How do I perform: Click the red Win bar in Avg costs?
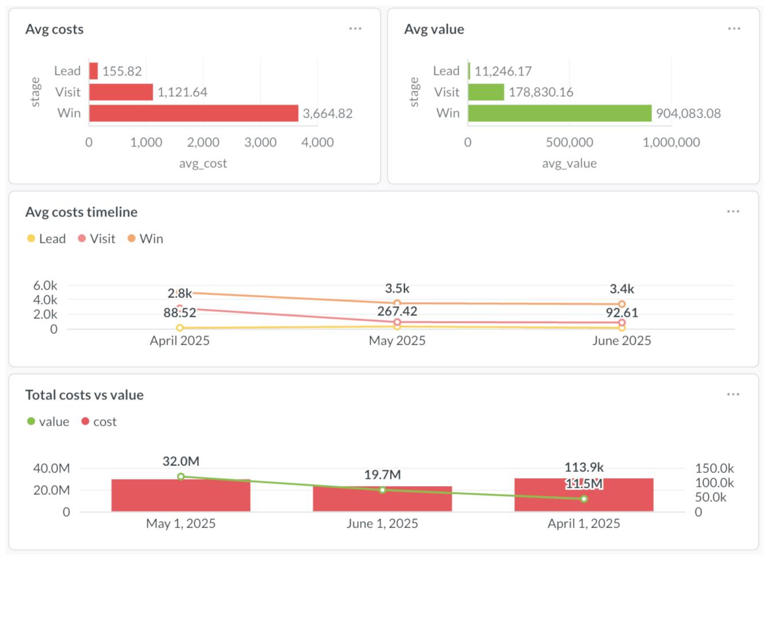coord(193,113)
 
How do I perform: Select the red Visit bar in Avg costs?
coord(121,92)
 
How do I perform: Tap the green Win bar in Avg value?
coord(559,113)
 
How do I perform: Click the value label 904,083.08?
coord(688,114)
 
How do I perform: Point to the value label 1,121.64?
coord(182,92)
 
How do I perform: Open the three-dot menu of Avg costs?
coord(355,28)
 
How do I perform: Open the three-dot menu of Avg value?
coord(734,28)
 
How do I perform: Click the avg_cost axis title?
coord(203,164)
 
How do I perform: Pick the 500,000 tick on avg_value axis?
coord(569,142)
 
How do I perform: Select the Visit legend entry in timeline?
coord(97,239)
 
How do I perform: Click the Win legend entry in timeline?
coord(145,239)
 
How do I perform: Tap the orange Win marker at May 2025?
coord(397,303)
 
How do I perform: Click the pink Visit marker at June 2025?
coord(622,323)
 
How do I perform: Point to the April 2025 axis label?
coord(180,341)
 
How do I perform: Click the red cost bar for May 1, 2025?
coord(181,496)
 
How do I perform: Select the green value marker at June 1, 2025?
coord(382,490)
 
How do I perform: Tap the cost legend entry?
coord(99,422)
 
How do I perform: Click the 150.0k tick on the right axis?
coord(714,468)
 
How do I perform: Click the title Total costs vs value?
coord(84,395)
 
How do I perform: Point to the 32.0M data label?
coord(181,461)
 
